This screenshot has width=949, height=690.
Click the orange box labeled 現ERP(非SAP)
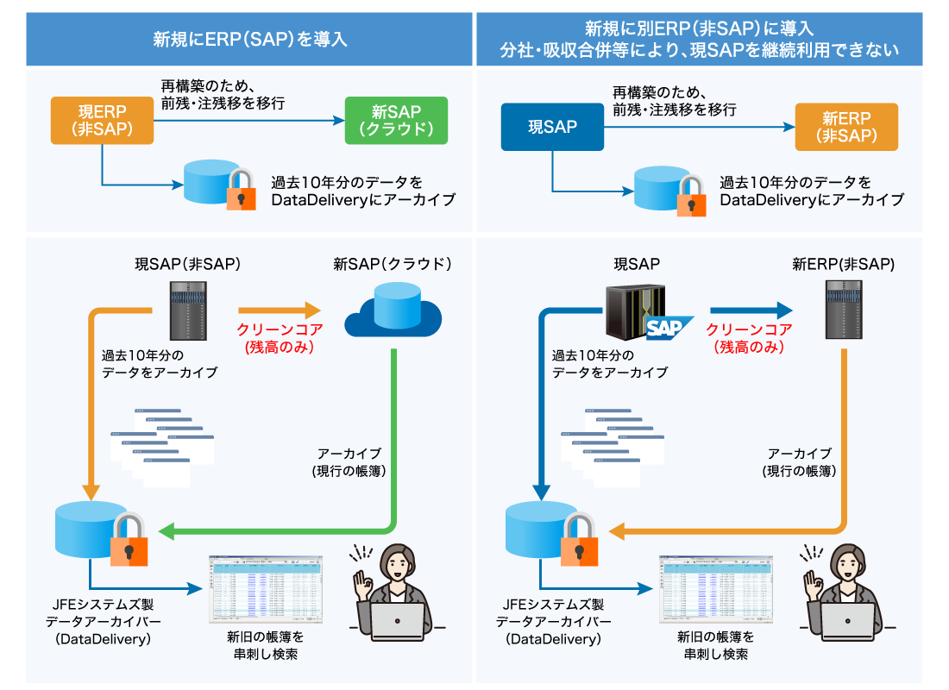(x=102, y=120)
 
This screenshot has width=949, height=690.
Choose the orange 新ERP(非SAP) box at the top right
(x=846, y=127)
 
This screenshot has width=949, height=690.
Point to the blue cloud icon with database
(x=393, y=311)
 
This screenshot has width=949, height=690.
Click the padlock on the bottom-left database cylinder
(x=129, y=540)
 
